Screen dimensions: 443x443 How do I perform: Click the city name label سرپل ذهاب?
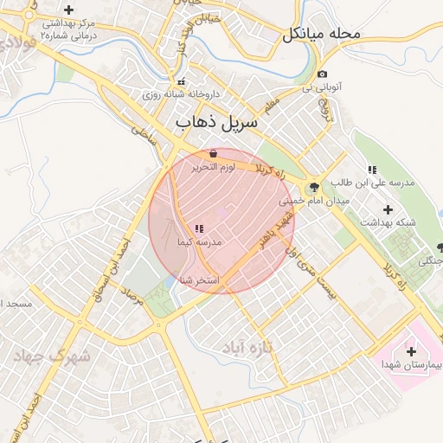pyautogui.click(x=217, y=124)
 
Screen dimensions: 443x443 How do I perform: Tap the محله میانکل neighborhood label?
pyautogui.click(x=320, y=35)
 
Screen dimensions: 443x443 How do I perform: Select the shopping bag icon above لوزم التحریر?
pyautogui.click(x=213, y=153)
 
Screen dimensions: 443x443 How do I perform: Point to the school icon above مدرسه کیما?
pyautogui.click(x=200, y=229)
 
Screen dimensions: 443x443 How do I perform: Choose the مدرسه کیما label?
pyautogui.click(x=200, y=242)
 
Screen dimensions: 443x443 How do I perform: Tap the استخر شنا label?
pyautogui.click(x=200, y=279)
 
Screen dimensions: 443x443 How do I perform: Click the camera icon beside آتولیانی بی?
pyautogui.click(x=323, y=74)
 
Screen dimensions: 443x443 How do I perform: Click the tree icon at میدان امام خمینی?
pyautogui.click(x=314, y=187)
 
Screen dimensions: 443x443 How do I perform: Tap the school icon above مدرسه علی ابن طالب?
pyautogui.click(x=372, y=170)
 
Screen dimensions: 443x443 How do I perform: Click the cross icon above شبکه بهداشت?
pyautogui.click(x=387, y=209)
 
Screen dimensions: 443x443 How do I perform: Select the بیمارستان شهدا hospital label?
pyautogui.click(x=412, y=366)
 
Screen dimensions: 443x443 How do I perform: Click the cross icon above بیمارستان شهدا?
pyautogui.click(x=411, y=351)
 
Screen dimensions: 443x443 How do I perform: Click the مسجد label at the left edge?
pyautogui.click(x=16, y=305)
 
